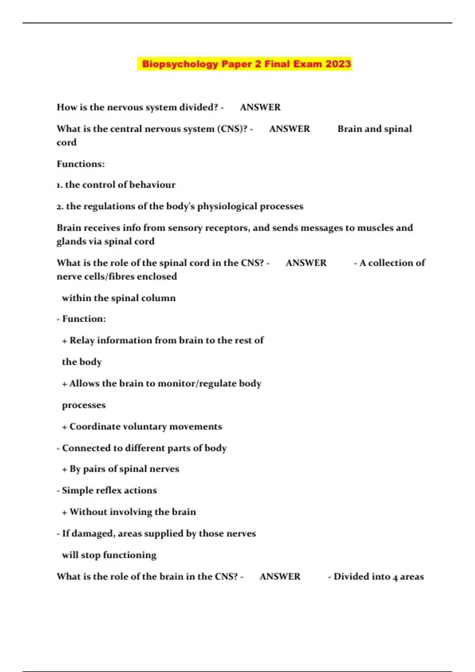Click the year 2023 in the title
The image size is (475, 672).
(338, 64)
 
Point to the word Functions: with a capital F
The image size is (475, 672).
(81, 164)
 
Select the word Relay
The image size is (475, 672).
(82, 340)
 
